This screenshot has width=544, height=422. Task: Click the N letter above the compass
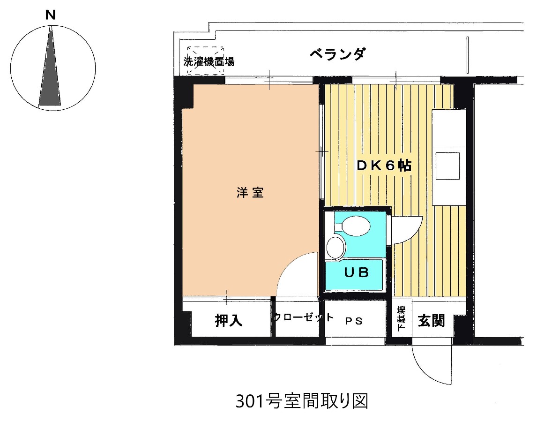(x=50, y=15)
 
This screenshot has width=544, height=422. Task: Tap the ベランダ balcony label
(x=337, y=54)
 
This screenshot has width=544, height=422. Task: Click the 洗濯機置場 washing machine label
(x=209, y=61)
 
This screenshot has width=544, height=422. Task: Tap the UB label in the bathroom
(x=357, y=272)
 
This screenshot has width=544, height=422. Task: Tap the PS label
(x=354, y=321)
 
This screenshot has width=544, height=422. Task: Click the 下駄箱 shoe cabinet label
(x=402, y=319)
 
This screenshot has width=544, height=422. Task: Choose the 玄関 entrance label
(x=431, y=321)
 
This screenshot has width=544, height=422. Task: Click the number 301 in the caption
(x=246, y=401)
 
